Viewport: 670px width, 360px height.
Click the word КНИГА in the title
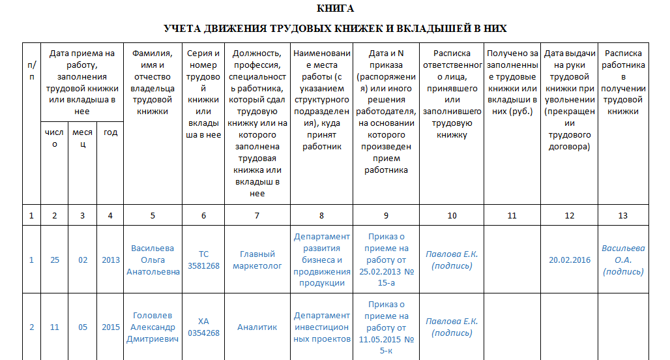(x=335, y=8)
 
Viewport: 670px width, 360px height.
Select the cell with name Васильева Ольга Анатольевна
(x=153, y=260)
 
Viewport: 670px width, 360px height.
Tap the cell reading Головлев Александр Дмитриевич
(x=153, y=327)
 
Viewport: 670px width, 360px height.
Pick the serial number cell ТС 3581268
(x=203, y=260)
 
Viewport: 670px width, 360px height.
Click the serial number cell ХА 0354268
(x=203, y=327)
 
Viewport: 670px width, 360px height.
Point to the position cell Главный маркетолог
(x=257, y=260)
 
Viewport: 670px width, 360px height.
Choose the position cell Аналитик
(x=257, y=327)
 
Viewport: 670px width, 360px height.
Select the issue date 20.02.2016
(x=569, y=260)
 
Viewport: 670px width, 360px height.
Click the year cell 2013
(x=111, y=260)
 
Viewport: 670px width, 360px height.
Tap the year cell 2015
(x=111, y=327)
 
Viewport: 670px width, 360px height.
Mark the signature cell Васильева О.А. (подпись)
(x=623, y=260)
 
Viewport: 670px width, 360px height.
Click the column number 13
(x=623, y=215)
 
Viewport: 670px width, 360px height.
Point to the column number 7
(x=257, y=215)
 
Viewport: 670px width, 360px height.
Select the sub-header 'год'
(x=111, y=132)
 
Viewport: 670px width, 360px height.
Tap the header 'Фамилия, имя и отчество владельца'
(x=153, y=82)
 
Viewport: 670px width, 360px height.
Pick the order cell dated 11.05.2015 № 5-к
(x=386, y=327)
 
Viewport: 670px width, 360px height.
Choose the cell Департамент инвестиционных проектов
(x=321, y=327)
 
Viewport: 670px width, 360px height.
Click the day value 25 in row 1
(x=55, y=260)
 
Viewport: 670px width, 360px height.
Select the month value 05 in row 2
(x=83, y=327)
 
